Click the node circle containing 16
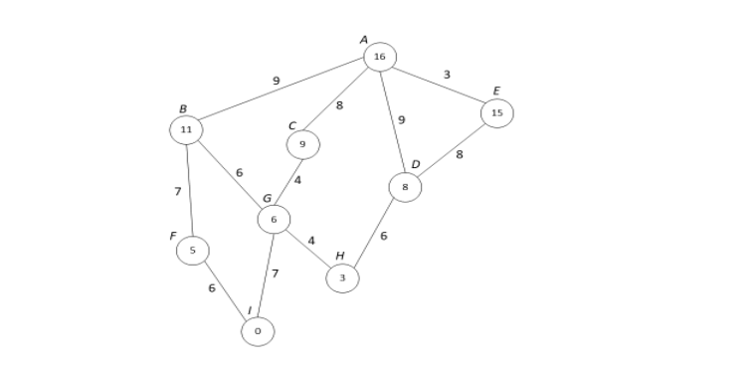click(380, 57)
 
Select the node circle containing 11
click(186, 129)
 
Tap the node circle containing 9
click(302, 144)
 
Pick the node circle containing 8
click(405, 187)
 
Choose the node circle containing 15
click(496, 113)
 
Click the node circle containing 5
click(192, 251)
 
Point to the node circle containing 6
click(274, 219)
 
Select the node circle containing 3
click(342, 278)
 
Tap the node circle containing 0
click(258, 331)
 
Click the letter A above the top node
click(364, 40)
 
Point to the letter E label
click(496, 92)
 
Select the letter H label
click(339, 257)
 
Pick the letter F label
click(172, 237)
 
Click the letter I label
click(249, 311)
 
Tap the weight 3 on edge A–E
click(447, 75)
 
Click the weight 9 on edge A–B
click(276, 82)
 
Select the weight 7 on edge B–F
click(177, 191)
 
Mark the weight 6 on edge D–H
click(383, 236)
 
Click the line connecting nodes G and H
click(307, 249)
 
